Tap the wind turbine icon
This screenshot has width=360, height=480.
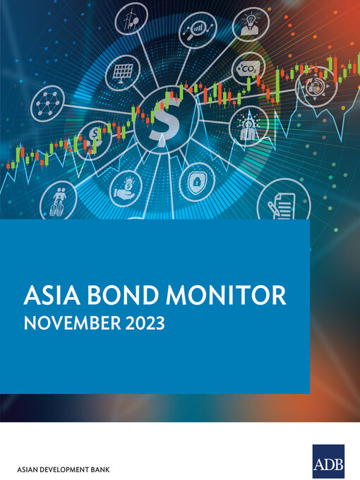click(131, 18)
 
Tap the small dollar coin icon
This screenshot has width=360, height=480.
click(95, 136)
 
